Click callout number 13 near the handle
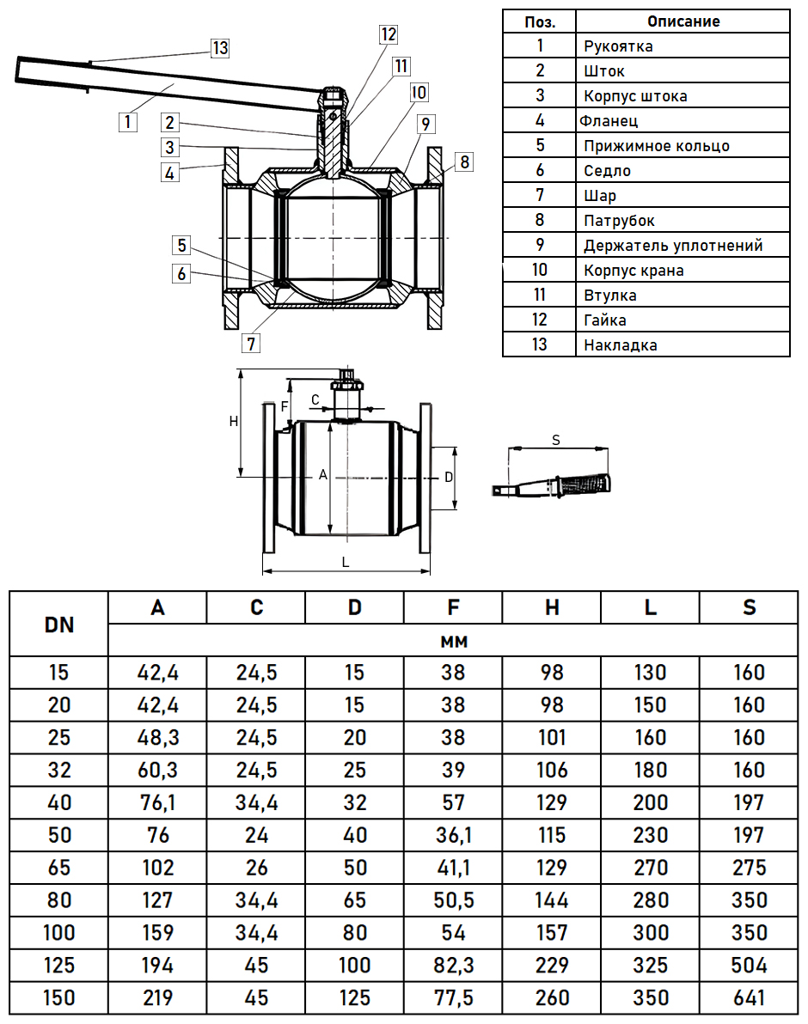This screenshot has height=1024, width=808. tap(221, 48)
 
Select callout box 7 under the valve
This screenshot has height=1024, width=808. tap(251, 344)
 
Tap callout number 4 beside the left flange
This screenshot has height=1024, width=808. tap(170, 173)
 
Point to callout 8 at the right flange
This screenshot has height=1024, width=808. tap(463, 162)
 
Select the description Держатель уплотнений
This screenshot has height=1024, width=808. tap(673, 246)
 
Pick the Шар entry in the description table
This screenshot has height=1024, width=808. tap(599, 196)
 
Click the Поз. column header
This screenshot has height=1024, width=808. tap(539, 21)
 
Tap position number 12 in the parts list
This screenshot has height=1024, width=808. tap(539, 320)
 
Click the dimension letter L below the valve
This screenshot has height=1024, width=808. tap(346, 562)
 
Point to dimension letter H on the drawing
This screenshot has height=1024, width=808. tap(233, 421)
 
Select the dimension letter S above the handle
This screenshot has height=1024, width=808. tap(556, 440)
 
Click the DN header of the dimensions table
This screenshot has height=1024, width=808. tap(58, 625)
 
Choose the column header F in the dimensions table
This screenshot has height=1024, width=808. tap(453, 607)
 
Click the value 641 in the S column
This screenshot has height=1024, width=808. tap(749, 998)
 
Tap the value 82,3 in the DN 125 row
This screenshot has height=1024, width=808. tap(453, 966)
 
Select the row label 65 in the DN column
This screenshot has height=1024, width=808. tap(58, 868)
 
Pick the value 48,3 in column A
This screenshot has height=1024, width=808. tap(157, 737)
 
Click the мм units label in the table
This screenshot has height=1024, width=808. tap(453, 641)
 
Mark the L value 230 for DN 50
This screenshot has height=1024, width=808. tap(650, 835)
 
